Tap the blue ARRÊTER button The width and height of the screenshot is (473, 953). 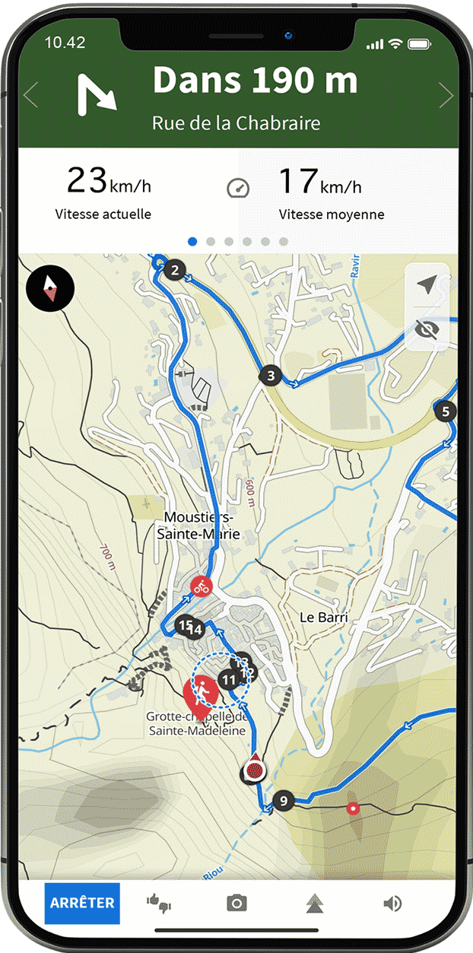point(82,903)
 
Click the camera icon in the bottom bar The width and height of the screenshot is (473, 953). point(236,903)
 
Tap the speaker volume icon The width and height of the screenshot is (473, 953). point(392,903)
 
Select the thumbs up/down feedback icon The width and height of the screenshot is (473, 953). point(159,903)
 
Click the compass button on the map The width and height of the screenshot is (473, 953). point(50,288)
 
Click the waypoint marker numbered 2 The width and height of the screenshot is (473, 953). point(176,270)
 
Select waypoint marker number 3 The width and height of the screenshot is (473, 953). point(270,375)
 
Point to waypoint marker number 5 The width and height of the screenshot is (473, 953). point(446,411)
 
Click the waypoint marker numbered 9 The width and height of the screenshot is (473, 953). point(284,800)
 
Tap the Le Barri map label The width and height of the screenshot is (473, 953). point(323,617)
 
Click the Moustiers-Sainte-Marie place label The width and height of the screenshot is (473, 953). point(198,526)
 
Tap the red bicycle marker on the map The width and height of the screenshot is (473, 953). point(202,586)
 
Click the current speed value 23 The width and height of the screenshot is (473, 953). point(86,181)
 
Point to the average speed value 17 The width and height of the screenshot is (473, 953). point(297,181)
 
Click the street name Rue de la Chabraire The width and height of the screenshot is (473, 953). point(236,123)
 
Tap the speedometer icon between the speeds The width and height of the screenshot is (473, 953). point(238,188)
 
